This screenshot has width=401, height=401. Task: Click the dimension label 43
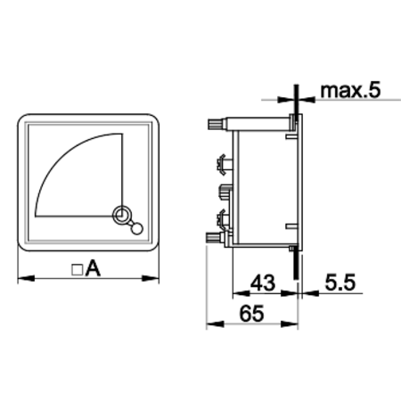tap(263, 282)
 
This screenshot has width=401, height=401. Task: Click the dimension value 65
tap(251, 314)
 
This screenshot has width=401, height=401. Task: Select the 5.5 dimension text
tap(340, 282)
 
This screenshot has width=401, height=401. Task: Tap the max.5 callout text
tap(350, 90)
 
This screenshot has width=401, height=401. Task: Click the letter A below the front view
tap(93, 268)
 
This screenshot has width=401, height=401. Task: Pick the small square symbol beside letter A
tap(78, 270)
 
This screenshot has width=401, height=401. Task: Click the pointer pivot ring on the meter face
tap(121, 215)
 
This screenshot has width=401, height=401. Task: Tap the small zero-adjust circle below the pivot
tap(137, 229)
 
